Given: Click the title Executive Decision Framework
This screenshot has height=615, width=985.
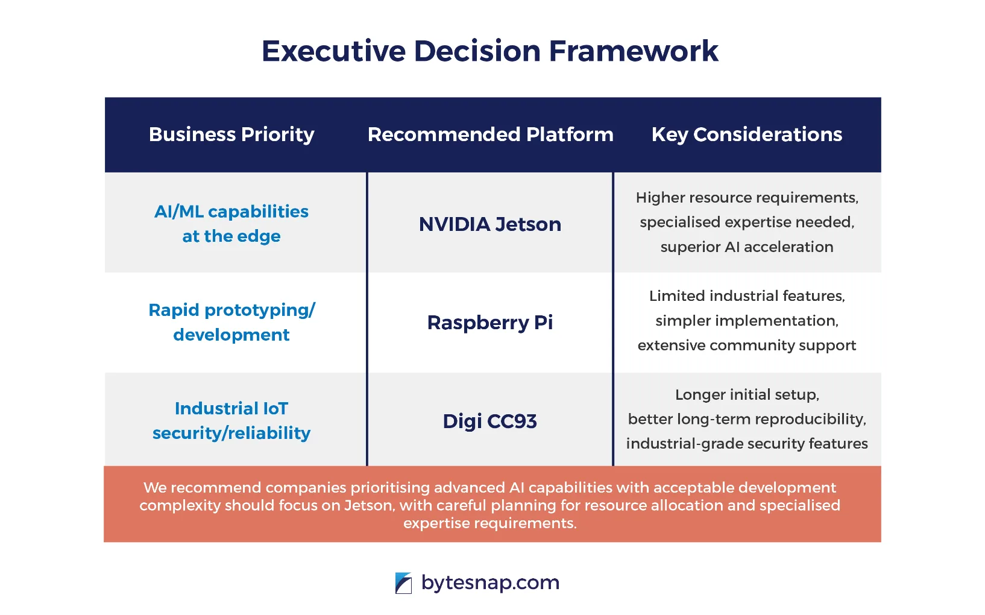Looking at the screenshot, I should [489, 51].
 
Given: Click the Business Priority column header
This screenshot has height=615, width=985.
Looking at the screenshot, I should [231, 134].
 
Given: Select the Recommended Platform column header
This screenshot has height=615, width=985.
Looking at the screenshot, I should [490, 134].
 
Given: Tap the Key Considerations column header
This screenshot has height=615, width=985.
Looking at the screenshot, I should [746, 134].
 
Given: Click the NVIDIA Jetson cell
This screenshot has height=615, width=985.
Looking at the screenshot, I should [489, 224].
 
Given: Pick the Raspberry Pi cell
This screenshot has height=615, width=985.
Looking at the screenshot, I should [489, 323].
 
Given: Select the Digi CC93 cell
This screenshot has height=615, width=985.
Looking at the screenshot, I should [489, 421].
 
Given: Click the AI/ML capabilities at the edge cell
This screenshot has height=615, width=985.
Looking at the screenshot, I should [231, 224].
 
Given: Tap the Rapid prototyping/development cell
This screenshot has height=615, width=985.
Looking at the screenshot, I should [231, 322].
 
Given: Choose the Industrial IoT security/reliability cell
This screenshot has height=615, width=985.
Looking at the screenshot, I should [231, 420].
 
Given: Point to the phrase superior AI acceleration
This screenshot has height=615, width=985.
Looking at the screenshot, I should [746, 247].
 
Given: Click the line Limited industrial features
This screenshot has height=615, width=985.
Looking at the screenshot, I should [746, 296].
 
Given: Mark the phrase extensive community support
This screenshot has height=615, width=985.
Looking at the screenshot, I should [746, 345].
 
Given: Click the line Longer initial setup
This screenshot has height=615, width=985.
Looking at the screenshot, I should [746, 394].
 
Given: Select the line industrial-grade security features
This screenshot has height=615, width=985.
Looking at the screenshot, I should [746, 444].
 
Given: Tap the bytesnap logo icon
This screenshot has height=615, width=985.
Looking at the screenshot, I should [403, 583].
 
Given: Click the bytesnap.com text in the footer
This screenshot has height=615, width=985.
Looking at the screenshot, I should [490, 582].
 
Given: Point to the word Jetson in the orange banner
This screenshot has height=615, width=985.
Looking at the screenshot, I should [368, 505].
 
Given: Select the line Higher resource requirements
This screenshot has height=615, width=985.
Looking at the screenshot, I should [746, 198].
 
